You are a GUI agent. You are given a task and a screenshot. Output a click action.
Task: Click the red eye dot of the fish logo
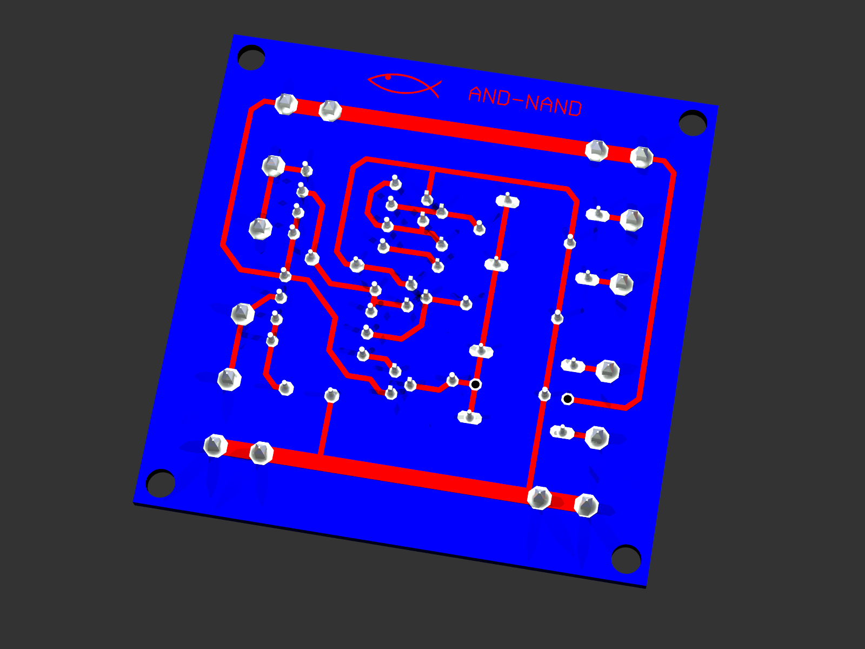point(388,77)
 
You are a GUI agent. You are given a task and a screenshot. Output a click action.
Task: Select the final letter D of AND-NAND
point(575,109)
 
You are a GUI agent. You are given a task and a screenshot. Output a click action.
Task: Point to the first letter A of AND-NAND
point(476,94)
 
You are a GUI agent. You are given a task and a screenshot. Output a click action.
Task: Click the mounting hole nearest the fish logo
point(251,57)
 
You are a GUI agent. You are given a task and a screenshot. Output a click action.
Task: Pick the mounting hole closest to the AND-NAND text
point(693,123)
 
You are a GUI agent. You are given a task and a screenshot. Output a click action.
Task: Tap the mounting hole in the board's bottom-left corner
point(161,483)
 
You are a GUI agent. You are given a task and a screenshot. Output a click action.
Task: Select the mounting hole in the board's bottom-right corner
point(626,559)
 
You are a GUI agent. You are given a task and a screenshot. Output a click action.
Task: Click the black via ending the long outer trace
point(568,399)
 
